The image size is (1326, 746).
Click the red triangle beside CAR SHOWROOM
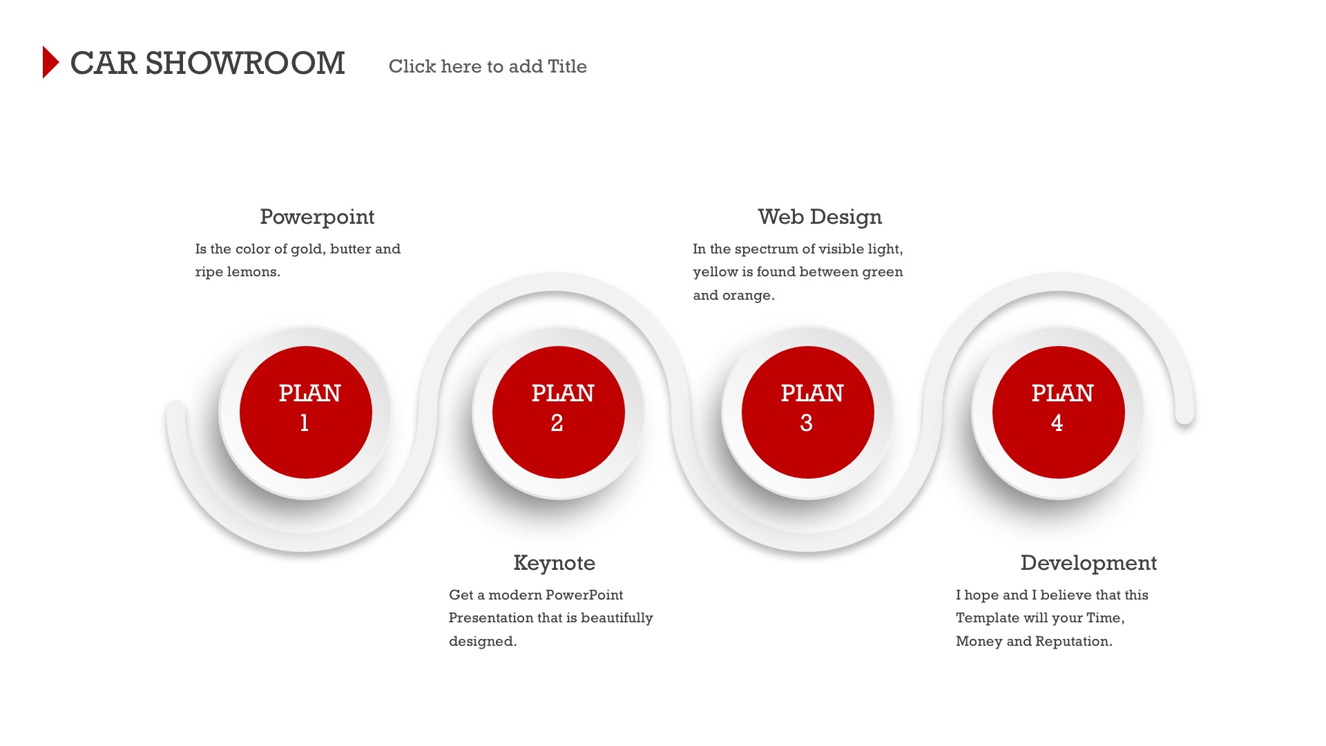(x=50, y=62)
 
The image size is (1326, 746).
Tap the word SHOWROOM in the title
(x=245, y=64)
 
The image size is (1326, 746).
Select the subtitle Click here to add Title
(x=488, y=66)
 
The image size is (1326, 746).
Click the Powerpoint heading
(x=317, y=217)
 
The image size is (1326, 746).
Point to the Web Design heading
(x=820, y=217)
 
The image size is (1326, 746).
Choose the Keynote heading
(x=554, y=563)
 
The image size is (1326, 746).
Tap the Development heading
(x=1088, y=563)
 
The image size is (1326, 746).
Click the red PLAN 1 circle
(x=306, y=412)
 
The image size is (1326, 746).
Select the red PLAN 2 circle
(x=559, y=412)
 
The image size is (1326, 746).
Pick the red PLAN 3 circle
(x=808, y=412)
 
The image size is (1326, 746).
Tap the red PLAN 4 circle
(x=1059, y=412)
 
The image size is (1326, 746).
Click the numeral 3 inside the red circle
(x=806, y=423)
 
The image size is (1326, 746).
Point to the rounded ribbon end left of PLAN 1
(x=176, y=410)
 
